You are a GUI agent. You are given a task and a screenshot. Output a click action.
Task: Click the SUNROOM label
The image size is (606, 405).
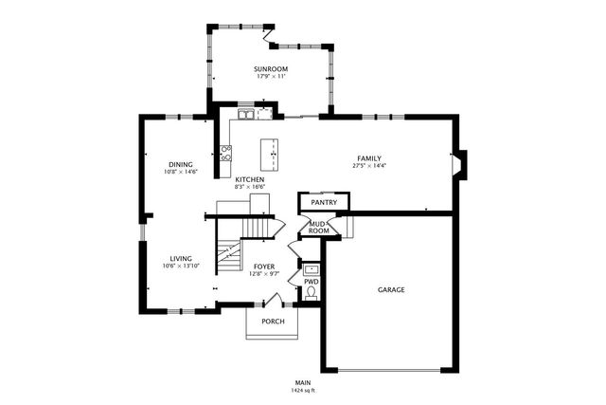pyautogui.click(x=271, y=69)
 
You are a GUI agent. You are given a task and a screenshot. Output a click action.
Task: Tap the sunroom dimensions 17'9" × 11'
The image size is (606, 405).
pyautogui.click(x=271, y=77)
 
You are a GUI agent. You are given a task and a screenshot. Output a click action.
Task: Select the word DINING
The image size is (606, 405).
pyautogui.click(x=180, y=164)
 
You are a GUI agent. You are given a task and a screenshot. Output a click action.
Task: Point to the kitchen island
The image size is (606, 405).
pyautogui.click(x=272, y=152)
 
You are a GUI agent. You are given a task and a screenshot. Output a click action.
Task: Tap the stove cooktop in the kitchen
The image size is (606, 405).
pyautogui.click(x=225, y=149)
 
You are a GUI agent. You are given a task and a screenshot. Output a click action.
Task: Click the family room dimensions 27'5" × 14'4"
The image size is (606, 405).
pyautogui.click(x=370, y=166)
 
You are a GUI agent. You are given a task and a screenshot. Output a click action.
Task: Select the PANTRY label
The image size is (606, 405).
pyautogui.click(x=324, y=202)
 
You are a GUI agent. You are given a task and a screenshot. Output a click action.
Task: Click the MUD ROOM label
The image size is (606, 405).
pyautogui.click(x=319, y=228)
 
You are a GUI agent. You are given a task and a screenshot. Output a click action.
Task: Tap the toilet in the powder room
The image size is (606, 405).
pyautogui.click(x=311, y=293)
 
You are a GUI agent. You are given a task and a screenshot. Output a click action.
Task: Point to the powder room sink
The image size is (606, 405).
pyautogui.click(x=311, y=269)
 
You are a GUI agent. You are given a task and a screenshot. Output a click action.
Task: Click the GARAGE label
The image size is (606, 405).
pyautogui.click(x=391, y=289)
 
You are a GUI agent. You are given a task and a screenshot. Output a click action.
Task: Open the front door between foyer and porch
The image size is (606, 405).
pyautogui.click(x=271, y=303)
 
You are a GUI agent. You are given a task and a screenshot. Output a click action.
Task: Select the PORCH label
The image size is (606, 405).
pyautogui.click(x=273, y=321)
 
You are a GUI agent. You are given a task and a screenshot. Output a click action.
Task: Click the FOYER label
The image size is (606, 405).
pyautogui.click(x=262, y=267)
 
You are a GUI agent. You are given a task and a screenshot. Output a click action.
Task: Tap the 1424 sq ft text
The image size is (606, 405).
pyautogui.click(x=302, y=390)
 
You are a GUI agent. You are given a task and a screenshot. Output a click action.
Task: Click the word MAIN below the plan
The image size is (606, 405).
pyautogui.click(x=302, y=382)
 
